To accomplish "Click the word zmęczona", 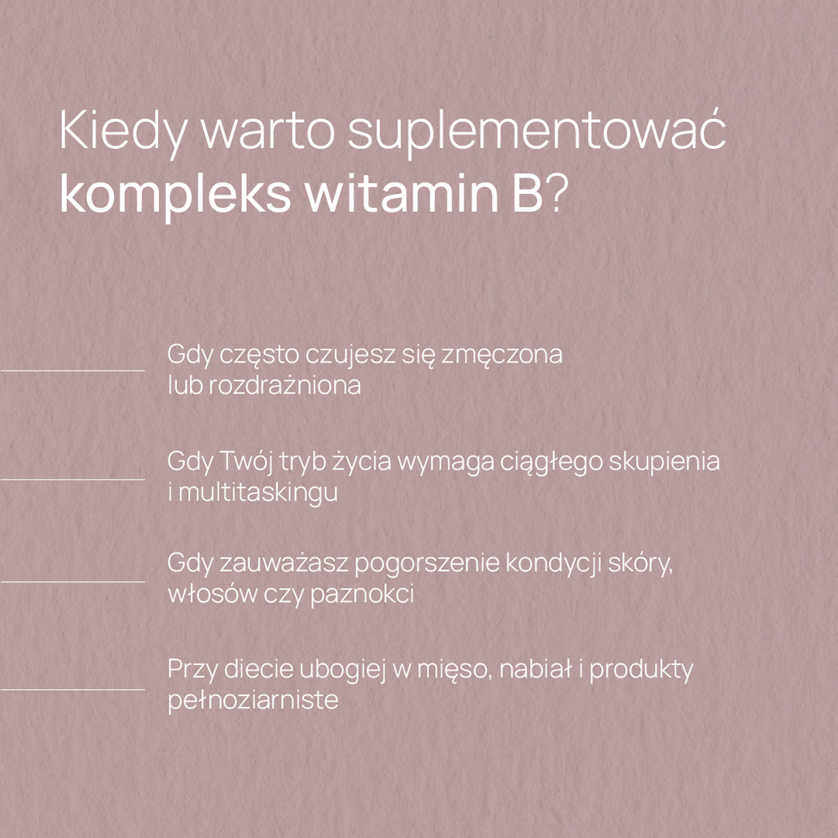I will [x=502, y=355].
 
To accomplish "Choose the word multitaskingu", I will [x=258, y=493].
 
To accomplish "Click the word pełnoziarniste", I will [x=253, y=701].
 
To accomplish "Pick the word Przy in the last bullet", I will [x=192, y=670].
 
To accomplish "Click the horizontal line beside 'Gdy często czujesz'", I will [x=73, y=371].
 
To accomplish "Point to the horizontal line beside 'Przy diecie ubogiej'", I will [x=73, y=689].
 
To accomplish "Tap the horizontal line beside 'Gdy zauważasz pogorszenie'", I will [x=73, y=581].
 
